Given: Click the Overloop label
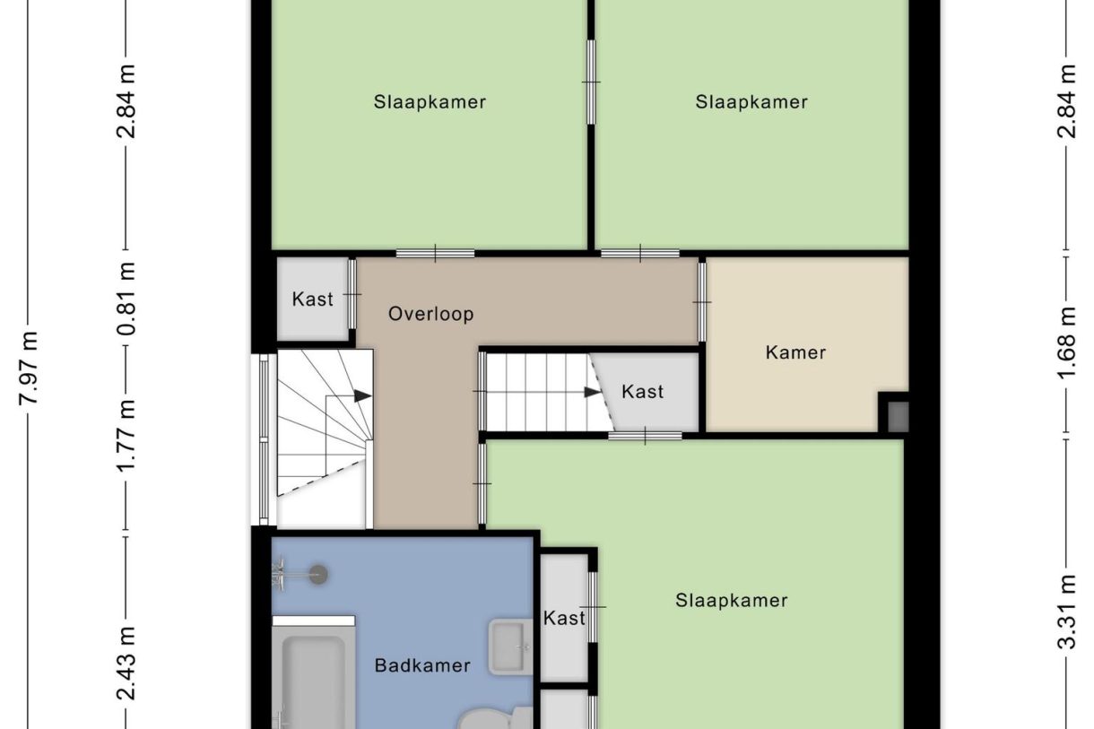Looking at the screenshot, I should pos(430,315).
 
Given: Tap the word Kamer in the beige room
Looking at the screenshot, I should pos(795,352).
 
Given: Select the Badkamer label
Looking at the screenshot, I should pos(422,665).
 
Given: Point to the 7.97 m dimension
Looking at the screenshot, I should pos(30,368).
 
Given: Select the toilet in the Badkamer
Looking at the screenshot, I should pos(493,717).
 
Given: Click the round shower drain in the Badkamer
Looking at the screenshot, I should pos(317,574).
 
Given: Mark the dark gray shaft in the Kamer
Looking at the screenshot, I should pos(897,416).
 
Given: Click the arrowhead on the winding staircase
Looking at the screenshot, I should pos(363,395).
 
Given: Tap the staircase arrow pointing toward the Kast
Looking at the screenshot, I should pos(592,392).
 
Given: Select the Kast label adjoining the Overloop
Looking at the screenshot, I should pos(312,299).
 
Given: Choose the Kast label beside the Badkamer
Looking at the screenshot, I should pos(564,618).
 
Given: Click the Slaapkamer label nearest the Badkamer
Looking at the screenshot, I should pos(731,601).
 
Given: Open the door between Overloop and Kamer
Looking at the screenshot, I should pos(702,301).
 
